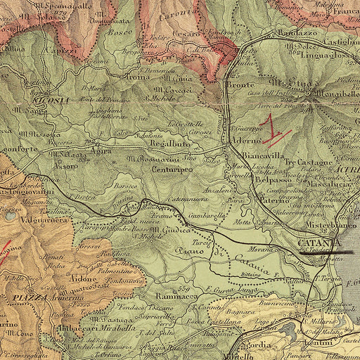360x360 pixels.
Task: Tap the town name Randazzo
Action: tap(279, 32)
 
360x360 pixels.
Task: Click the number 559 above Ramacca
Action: tap(184, 288)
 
